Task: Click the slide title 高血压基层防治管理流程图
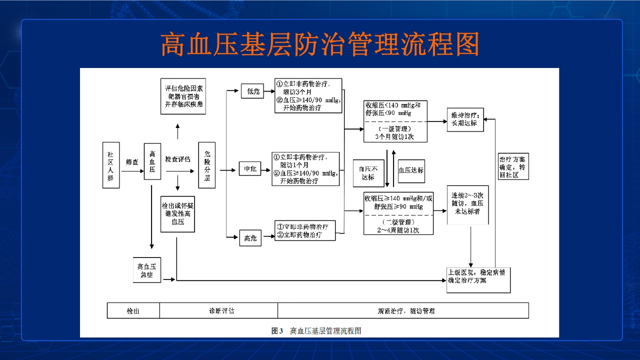click(320, 44)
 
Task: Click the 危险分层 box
click(207, 165)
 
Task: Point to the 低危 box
click(251, 91)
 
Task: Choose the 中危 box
click(250, 169)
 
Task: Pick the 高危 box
click(250, 238)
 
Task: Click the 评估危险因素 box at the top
click(183, 96)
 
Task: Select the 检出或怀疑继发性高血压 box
click(177, 213)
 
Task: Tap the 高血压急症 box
click(146, 270)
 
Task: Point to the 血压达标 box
click(411, 170)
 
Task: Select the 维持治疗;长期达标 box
click(465, 119)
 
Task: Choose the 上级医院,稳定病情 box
click(478, 279)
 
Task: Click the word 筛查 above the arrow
click(132, 162)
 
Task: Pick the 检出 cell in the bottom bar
click(133, 310)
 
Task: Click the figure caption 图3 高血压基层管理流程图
click(316, 330)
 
